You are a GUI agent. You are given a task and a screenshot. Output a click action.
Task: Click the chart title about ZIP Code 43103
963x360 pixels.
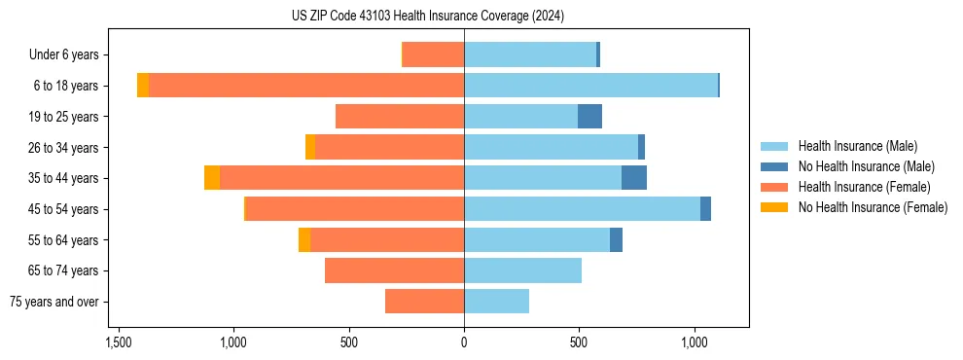click(x=427, y=16)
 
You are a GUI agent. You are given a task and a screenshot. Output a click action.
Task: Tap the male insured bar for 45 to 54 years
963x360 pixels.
click(x=582, y=209)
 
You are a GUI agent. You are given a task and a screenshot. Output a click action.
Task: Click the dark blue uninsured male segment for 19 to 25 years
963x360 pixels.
click(x=589, y=117)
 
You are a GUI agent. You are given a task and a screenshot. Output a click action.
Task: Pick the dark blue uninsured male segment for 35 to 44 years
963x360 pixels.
click(x=634, y=178)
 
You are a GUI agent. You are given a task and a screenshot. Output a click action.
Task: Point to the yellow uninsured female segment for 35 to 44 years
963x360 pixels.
click(x=212, y=178)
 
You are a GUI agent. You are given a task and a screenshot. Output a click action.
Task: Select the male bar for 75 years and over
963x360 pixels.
click(x=496, y=302)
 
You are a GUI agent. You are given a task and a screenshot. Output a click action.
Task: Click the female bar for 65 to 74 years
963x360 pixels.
click(x=394, y=270)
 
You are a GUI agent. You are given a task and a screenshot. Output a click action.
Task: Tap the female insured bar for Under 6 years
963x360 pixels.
click(x=433, y=55)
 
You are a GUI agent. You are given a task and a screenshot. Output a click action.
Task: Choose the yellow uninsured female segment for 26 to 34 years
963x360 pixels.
click(x=310, y=147)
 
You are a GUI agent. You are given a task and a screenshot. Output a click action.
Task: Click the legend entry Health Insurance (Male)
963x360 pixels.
click(x=857, y=146)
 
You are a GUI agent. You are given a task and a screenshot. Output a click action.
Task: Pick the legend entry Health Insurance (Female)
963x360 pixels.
click(x=864, y=187)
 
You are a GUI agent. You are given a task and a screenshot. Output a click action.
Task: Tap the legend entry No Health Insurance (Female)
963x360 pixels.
click(x=873, y=207)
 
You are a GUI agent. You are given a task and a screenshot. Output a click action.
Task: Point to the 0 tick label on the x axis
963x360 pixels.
click(x=464, y=343)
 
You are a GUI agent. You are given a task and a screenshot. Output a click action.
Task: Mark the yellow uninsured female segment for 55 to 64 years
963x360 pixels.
click(x=304, y=240)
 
